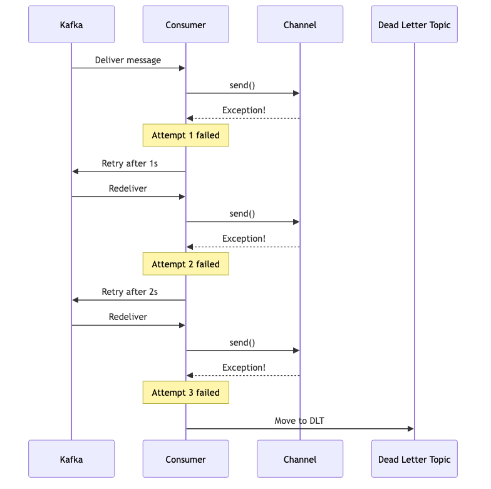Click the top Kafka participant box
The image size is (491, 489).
point(71,24)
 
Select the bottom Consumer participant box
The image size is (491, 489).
point(185,458)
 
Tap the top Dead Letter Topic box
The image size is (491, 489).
point(415,24)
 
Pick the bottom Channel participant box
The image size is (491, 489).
point(300,458)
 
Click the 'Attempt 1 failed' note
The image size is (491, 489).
point(185,135)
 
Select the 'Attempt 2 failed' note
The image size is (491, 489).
point(185,264)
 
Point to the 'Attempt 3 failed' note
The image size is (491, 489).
point(185,392)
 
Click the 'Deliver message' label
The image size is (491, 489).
point(128,60)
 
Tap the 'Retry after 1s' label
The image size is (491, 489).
point(130,163)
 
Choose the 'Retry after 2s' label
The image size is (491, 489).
point(130,292)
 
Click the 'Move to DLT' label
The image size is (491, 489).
point(299,421)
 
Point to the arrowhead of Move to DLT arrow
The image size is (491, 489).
point(411,429)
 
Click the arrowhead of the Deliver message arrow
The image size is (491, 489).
point(182,68)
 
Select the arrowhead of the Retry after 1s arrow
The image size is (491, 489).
point(75,172)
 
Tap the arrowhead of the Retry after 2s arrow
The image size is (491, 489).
point(75,300)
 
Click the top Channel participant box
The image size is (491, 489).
point(300,24)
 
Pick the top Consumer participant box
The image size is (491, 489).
point(185,24)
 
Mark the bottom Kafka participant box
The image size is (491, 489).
point(71,458)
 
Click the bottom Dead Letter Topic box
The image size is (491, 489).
point(415,458)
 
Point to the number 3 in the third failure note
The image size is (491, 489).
point(190,393)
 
